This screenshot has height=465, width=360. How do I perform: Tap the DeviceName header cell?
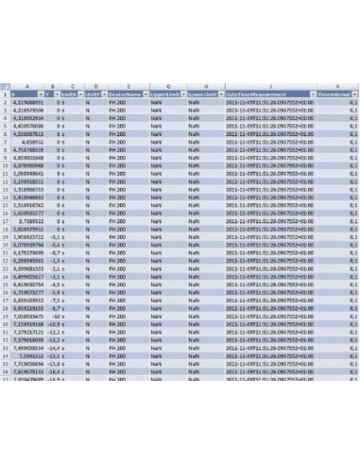(x=123, y=95)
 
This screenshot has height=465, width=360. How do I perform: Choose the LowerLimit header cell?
(x=199, y=95)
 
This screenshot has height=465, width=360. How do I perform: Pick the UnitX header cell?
(x=68, y=95)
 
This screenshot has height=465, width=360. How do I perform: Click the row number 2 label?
(x=6, y=103)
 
